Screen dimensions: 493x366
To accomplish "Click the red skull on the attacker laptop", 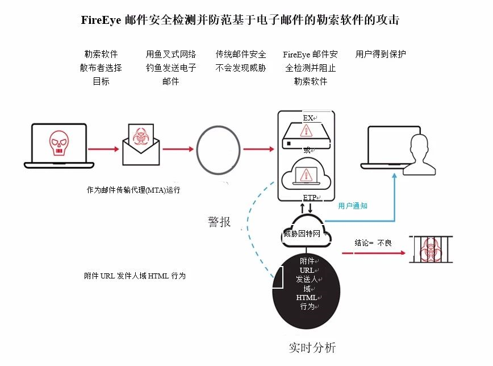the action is click(x=59, y=143).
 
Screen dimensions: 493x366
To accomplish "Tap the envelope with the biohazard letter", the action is click(x=141, y=145).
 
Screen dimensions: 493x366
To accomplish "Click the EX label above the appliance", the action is click(x=308, y=118).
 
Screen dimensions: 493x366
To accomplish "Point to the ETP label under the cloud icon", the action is click(x=310, y=198).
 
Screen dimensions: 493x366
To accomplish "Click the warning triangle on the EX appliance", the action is click(x=306, y=130).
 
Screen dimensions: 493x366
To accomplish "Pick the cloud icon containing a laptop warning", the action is click(x=306, y=174).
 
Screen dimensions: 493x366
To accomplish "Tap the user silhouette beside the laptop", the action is click(x=419, y=154).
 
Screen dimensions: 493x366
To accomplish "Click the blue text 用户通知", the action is click(x=353, y=206).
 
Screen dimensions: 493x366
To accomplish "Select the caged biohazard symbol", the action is click(x=431, y=249).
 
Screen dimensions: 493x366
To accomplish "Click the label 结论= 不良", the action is click(x=373, y=243).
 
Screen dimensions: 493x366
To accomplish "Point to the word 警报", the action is click(x=219, y=222).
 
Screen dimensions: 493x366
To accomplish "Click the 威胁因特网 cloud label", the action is click(x=302, y=234).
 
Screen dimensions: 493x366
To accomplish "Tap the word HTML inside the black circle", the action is click(x=306, y=297).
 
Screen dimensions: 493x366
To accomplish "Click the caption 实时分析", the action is click(x=312, y=347).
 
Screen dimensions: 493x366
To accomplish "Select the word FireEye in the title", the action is click(x=101, y=20).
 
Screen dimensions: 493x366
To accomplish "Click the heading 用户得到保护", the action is click(x=381, y=54).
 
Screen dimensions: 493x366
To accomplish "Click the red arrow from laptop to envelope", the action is click(x=103, y=149).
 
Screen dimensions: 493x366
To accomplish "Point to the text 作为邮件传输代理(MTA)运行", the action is click(x=133, y=190).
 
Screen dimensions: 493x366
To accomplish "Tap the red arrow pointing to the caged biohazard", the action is click(x=374, y=253).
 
